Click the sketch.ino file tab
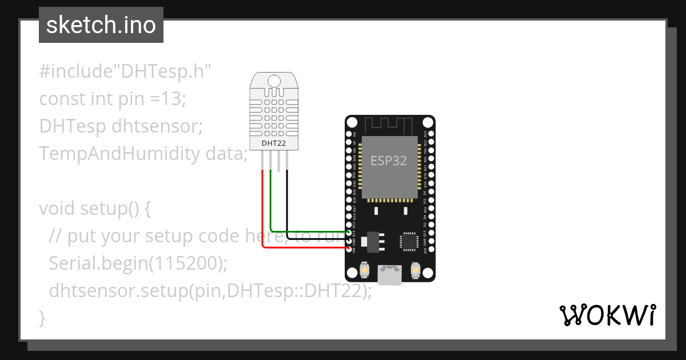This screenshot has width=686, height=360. [x=101, y=25]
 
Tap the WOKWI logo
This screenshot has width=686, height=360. [x=607, y=315]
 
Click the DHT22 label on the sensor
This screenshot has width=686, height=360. [x=273, y=143]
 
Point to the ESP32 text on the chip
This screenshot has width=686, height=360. [x=389, y=161]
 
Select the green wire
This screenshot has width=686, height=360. [x=271, y=206]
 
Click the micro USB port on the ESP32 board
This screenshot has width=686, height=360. [x=390, y=275]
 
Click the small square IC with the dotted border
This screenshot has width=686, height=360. [x=409, y=241]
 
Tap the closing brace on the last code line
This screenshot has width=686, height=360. [x=42, y=318]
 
